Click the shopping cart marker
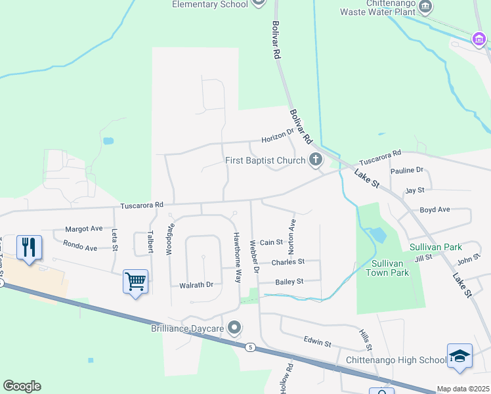[135, 282]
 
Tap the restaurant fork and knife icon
[28, 248]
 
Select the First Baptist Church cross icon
[316, 160]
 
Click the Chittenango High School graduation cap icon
[459, 356]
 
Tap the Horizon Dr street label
[278, 137]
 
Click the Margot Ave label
[83, 229]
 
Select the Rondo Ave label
[80, 248]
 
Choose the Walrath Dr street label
[196, 285]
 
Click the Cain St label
[271, 242]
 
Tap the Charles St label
[288, 261]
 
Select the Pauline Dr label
[407, 170]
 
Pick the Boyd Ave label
[435, 209]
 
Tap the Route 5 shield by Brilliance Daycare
[249, 346]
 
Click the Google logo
[22, 386]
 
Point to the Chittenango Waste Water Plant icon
[426, 7]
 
